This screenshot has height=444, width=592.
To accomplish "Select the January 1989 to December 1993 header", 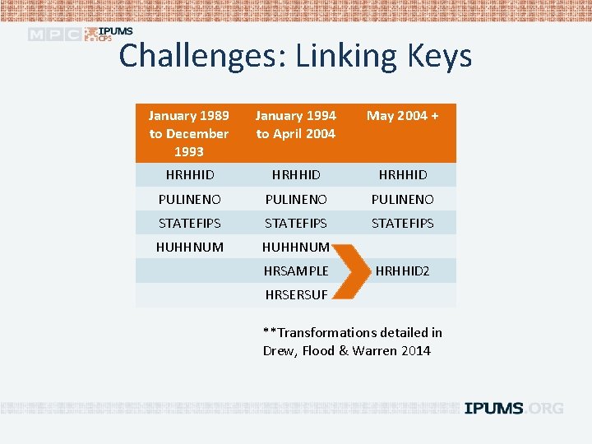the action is [x=189, y=133].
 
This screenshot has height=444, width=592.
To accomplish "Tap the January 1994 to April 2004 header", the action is [x=296, y=124].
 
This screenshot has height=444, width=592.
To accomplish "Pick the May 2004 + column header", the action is [x=403, y=116].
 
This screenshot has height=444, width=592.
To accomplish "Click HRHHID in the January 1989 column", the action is [x=189, y=174].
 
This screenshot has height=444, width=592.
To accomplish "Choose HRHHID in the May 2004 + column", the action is [x=403, y=174].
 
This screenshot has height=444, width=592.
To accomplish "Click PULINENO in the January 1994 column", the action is [x=296, y=199].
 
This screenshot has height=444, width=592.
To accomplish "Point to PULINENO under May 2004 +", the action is [x=403, y=199].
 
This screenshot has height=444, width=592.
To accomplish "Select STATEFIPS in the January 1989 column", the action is [x=189, y=223].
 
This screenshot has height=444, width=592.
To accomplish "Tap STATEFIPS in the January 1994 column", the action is [x=296, y=223].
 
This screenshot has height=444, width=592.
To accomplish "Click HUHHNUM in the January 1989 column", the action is [x=189, y=247].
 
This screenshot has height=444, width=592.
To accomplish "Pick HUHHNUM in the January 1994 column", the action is [x=296, y=247].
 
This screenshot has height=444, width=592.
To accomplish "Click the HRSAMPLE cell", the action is [x=296, y=271].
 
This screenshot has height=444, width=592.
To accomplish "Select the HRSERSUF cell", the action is [x=296, y=294].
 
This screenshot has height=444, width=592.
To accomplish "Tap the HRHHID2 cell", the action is [x=403, y=271].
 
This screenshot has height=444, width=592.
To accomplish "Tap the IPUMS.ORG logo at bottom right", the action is [x=514, y=408].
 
